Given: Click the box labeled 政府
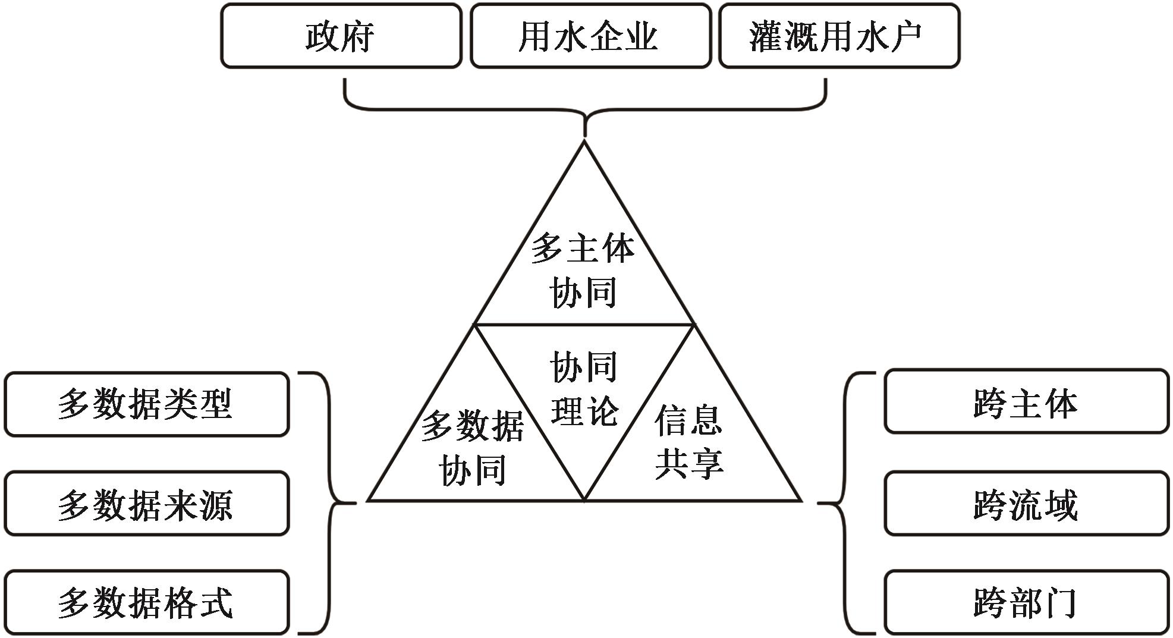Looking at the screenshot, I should [341, 36].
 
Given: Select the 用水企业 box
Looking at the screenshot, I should [590, 36].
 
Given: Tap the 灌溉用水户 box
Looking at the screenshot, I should [839, 36].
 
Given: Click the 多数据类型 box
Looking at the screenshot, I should [146, 404].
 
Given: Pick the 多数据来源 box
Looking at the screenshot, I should [146, 504].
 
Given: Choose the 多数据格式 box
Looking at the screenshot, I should [146, 602].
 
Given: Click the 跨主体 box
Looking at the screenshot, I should [1026, 403].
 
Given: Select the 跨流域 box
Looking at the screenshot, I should [1026, 504].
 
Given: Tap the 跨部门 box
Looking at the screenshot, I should [1026, 602].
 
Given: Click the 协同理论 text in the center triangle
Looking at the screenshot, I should [584, 388].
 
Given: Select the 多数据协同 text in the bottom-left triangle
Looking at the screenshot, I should [473, 448].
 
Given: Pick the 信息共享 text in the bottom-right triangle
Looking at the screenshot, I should [690, 442].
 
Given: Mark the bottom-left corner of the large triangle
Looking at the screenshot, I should [369, 500].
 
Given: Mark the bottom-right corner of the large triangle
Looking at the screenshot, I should [800, 500].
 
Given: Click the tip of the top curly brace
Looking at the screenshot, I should [585, 135].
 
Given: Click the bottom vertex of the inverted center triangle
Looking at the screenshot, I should [584, 499].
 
